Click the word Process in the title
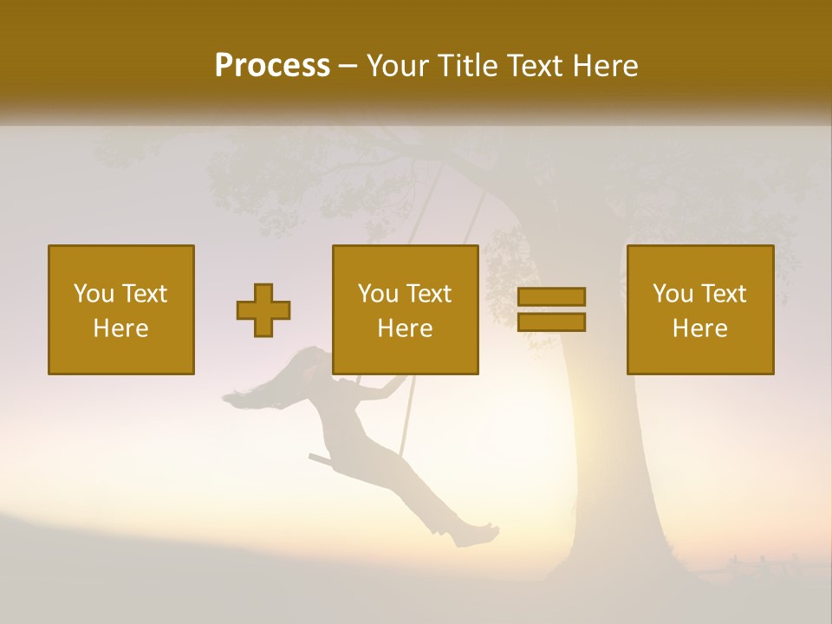(272, 66)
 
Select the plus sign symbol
(263, 310)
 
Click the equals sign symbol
(551, 309)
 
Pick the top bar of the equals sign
(551, 296)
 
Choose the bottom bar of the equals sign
(551, 322)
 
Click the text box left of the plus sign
(120, 309)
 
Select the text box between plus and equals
(405, 309)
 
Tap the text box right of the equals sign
(699, 309)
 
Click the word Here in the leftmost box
(120, 328)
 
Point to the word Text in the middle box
(429, 294)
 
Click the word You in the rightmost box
(673, 294)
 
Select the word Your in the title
(398, 66)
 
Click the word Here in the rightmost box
(699, 328)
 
